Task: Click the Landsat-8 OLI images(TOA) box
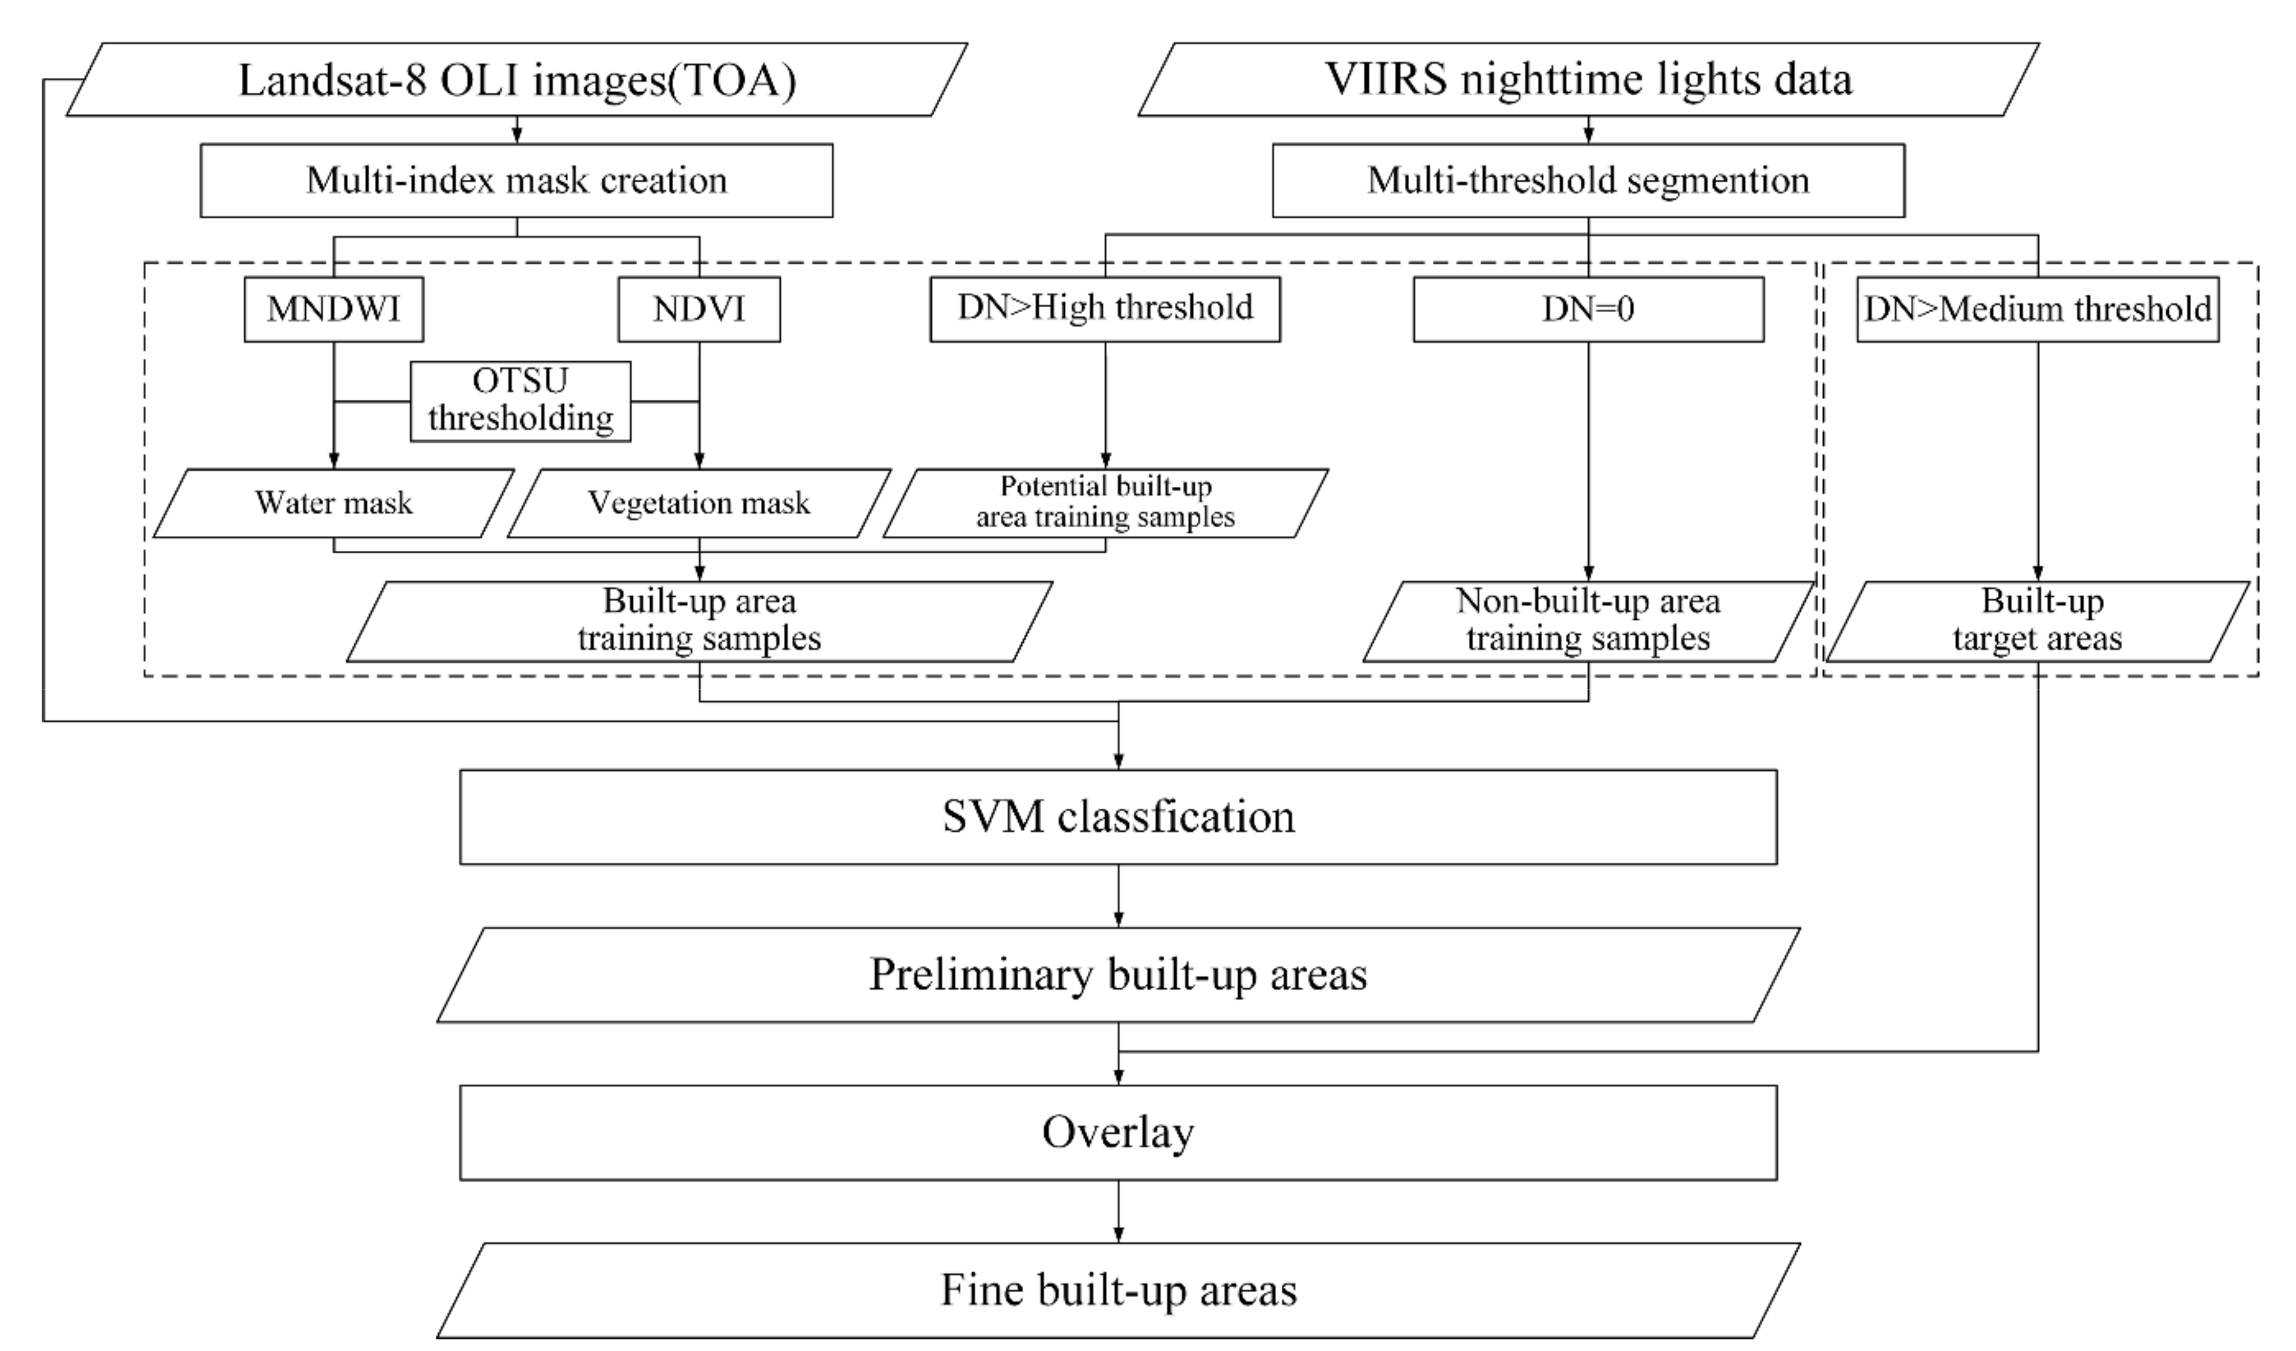516,79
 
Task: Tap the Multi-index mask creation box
516,180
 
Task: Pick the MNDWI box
333,310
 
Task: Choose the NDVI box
699,310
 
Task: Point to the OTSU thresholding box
520,401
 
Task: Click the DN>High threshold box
1104,310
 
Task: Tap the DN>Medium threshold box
2037,310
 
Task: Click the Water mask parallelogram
333,503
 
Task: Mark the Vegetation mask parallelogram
699,503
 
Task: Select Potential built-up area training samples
1104,503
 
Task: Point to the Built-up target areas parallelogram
2037,620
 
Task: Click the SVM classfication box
1118,816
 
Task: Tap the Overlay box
1118,1132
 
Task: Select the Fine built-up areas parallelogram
1118,1290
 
